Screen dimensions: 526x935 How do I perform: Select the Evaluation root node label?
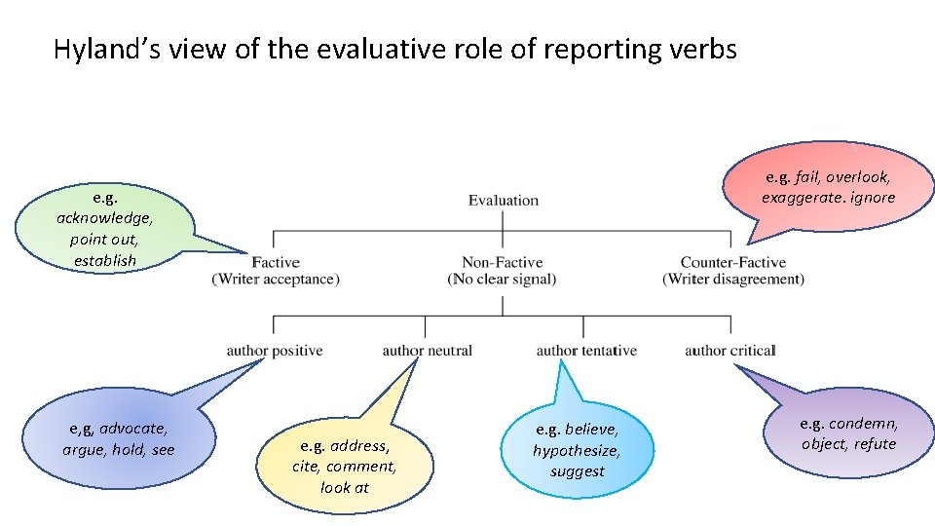point(503,201)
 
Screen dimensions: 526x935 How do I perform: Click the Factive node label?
point(276,262)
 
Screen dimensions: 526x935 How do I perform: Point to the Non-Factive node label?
point(503,262)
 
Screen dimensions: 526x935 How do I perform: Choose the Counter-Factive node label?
point(733,262)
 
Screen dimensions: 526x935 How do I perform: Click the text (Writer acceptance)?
point(276,280)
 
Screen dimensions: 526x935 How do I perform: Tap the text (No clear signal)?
point(503,280)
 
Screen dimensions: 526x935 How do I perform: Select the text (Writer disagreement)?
point(733,280)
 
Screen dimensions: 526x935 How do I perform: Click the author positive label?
point(275,351)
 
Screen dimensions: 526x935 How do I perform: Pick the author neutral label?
point(428,351)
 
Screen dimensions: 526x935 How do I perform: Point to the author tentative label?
point(586,351)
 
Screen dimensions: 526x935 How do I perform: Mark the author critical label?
point(730,351)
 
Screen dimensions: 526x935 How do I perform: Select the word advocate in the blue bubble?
point(132,429)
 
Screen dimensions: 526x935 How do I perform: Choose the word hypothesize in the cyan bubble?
point(577,450)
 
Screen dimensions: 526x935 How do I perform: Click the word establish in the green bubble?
point(105,261)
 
